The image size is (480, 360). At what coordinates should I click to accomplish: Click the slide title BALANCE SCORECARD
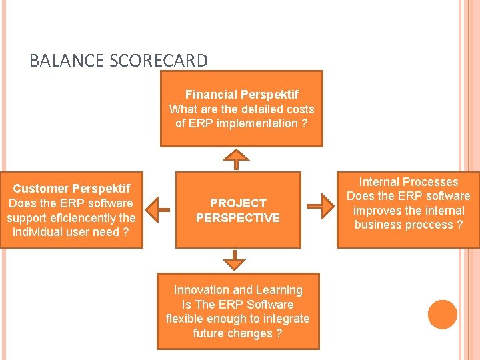(119, 61)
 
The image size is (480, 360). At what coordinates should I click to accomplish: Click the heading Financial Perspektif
(241, 95)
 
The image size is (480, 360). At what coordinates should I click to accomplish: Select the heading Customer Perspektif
(71, 189)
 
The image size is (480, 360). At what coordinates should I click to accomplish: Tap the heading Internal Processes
(409, 181)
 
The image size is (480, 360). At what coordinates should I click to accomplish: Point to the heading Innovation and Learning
(238, 290)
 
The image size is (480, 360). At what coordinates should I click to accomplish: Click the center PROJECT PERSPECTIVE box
(237, 210)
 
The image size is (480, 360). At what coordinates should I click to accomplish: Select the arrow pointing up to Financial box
(236, 159)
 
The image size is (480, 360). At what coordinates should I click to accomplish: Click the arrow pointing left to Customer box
(158, 209)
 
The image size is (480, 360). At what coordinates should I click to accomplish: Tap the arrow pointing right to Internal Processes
(323, 206)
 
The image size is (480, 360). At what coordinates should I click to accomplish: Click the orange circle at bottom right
(443, 315)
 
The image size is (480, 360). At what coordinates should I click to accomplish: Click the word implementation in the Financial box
(253, 123)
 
